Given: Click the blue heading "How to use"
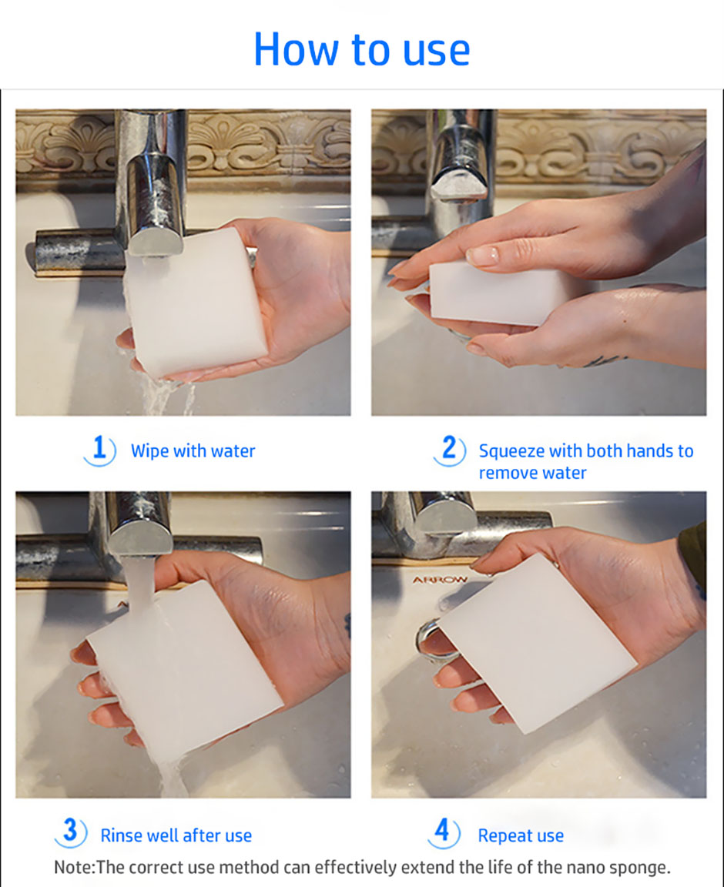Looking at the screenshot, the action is pyautogui.click(x=362, y=49).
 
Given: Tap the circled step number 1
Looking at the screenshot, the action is pyautogui.click(x=99, y=450).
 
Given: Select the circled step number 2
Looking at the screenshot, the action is pyautogui.click(x=450, y=450).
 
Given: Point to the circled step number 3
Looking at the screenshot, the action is pyautogui.click(x=70, y=832).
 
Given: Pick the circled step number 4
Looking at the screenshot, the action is pyautogui.click(x=443, y=832).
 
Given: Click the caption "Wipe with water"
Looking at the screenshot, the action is pyautogui.click(x=193, y=451).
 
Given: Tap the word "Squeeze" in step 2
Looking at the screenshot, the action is pyautogui.click(x=511, y=452).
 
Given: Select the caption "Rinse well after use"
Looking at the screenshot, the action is pyautogui.click(x=176, y=835).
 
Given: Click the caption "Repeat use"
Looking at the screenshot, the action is pyautogui.click(x=521, y=835).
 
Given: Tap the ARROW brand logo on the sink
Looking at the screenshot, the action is pyautogui.click(x=440, y=580).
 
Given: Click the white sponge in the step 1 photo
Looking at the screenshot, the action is pyautogui.click(x=196, y=303).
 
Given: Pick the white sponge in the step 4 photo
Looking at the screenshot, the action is pyautogui.click(x=535, y=643).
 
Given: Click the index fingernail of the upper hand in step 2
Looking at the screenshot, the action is pyautogui.click(x=482, y=256).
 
